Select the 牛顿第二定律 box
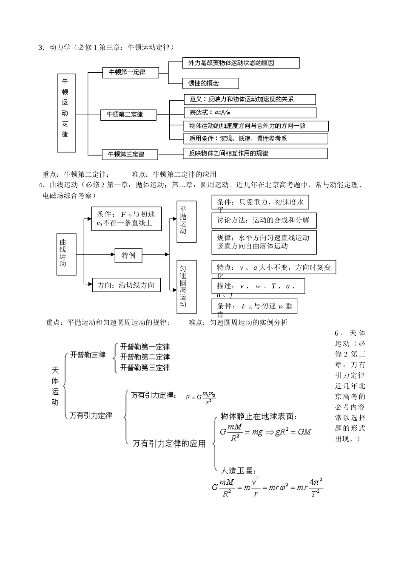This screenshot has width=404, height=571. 128,115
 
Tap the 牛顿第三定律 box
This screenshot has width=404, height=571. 130,154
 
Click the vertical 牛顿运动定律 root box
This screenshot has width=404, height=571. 66,113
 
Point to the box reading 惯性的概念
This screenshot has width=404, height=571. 210,83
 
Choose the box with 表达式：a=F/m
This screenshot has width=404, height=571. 250,113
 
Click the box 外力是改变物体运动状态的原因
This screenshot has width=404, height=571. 241,63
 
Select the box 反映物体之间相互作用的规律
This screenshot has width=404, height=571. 255,153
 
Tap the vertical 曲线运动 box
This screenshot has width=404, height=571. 66,254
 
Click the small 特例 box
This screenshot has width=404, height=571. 128,255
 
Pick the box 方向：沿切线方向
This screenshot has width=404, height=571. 126,285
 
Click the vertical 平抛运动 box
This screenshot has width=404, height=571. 186,221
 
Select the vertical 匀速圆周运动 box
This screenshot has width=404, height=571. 186,286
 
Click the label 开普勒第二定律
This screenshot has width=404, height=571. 145,357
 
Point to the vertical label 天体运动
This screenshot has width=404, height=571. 55,386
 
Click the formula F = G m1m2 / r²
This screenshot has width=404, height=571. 201,398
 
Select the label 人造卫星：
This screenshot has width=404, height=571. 238,470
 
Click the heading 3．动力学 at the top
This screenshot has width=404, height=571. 57,47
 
